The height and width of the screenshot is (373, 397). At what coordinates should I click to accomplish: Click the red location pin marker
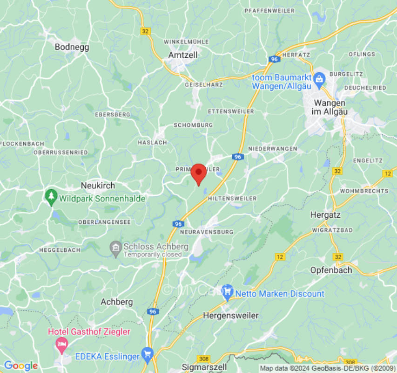pyautogui.click(x=199, y=173)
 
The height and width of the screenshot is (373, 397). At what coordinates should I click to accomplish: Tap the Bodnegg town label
pyautogui.click(x=72, y=47)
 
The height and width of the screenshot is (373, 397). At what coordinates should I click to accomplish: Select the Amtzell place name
pyautogui.click(x=182, y=55)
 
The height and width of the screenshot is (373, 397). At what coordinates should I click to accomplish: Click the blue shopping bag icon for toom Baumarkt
pyautogui.click(x=319, y=78)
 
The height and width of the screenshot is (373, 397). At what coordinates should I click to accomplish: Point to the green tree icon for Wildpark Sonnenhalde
pyautogui.click(x=51, y=198)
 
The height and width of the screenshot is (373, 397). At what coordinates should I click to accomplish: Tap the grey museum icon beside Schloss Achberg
pyautogui.click(x=115, y=249)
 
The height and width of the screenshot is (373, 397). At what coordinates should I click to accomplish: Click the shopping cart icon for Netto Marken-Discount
pyautogui.click(x=227, y=293)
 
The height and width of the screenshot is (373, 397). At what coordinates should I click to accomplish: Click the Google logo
pyautogui.click(x=20, y=366)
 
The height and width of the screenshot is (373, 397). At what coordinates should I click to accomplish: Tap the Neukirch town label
pyautogui.click(x=98, y=185)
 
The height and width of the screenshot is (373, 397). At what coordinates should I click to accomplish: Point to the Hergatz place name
pyautogui.click(x=325, y=215)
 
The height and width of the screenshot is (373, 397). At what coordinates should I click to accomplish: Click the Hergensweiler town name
pyautogui.click(x=230, y=316)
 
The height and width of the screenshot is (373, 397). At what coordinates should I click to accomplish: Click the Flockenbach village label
pyautogui.click(x=22, y=143)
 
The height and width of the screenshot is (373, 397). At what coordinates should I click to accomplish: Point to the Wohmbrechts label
pyautogui.click(x=364, y=191)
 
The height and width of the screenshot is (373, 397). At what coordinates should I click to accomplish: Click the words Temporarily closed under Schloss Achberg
pyautogui.click(x=152, y=255)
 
